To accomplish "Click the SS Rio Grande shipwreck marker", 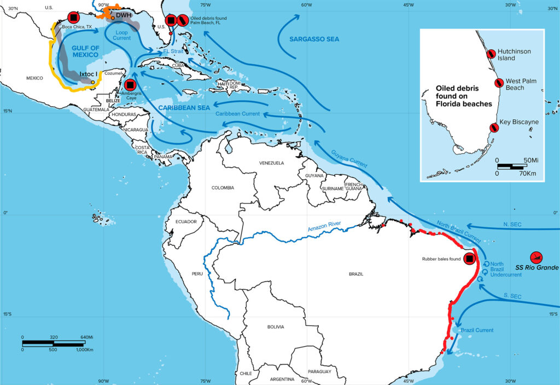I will tap(536, 257).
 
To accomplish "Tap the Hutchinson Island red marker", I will tap(492, 53).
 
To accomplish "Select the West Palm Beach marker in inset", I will tap(499, 83).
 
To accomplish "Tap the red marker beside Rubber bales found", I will tap(469, 258).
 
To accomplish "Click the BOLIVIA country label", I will tap(276, 327).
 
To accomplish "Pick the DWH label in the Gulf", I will tap(124, 15).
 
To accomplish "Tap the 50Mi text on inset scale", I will tap(532, 159).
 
